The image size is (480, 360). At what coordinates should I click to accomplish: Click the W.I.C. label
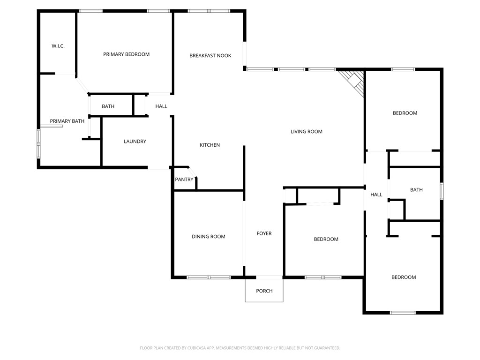click(x=58, y=46)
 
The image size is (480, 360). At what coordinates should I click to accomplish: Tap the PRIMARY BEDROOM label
click(x=126, y=54)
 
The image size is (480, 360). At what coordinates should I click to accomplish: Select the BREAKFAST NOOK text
click(x=210, y=56)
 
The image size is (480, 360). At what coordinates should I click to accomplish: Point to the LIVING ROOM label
click(x=307, y=132)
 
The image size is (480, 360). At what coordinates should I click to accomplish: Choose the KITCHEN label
click(x=210, y=145)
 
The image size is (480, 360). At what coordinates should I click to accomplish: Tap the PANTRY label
click(x=184, y=180)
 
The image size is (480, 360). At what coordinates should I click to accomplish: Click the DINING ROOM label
click(x=208, y=237)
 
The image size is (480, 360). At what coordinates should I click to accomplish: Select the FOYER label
click(x=264, y=233)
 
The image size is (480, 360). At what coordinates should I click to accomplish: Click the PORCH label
click(x=264, y=291)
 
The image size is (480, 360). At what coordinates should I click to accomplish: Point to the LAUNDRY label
click(x=135, y=142)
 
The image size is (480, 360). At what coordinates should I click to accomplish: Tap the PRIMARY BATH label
click(x=67, y=121)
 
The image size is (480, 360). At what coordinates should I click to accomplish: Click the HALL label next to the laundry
click(x=161, y=106)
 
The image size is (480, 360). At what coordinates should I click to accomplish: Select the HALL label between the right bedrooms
click(x=376, y=195)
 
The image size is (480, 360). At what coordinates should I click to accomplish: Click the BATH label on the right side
click(x=416, y=190)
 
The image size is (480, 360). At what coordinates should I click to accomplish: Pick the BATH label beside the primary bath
click(x=108, y=106)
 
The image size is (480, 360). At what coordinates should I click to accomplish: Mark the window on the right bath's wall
click(x=442, y=192)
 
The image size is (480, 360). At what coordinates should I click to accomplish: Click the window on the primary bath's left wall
click(x=39, y=144)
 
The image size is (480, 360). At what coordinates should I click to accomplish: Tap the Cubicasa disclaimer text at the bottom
click(x=240, y=348)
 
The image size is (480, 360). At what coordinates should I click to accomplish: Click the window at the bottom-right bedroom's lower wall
click(x=403, y=313)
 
